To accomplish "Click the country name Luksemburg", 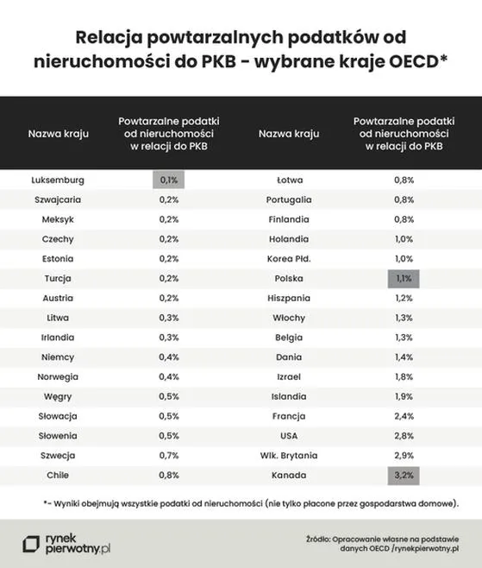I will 58,180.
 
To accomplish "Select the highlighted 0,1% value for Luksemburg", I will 169,180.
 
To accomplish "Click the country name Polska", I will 289,278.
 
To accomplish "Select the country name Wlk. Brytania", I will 289,455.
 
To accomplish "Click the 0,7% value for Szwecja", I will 169,455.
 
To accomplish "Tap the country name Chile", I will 58,475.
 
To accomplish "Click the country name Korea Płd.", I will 289,259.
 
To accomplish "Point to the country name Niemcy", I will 58,357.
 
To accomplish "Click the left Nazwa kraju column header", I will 58,134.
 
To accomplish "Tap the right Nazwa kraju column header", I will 289,134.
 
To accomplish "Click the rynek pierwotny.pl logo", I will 68,542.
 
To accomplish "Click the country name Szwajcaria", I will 58,199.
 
